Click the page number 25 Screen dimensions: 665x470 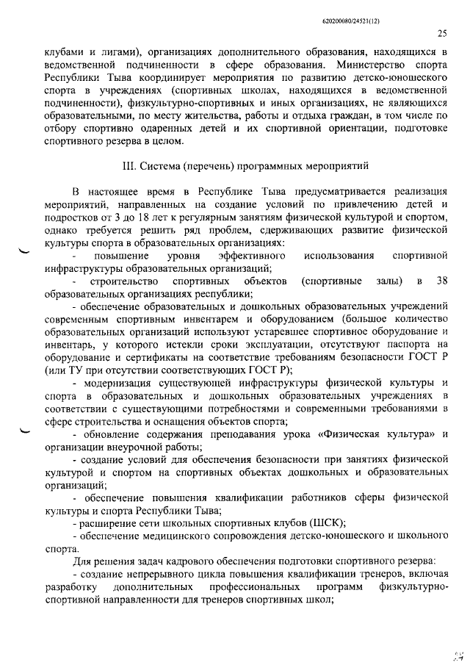click(x=441, y=32)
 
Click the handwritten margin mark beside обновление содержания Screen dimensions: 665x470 click(x=27, y=434)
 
